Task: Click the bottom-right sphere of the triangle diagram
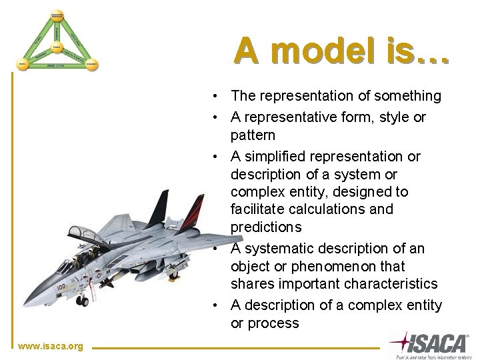click(x=92, y=65)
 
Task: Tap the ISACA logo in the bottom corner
click(x=429, y=344)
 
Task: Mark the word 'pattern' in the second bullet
click(x=253, y=135)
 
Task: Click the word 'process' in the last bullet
click(x=273, y=323)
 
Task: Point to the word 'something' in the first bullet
click(x=407, y=96)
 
